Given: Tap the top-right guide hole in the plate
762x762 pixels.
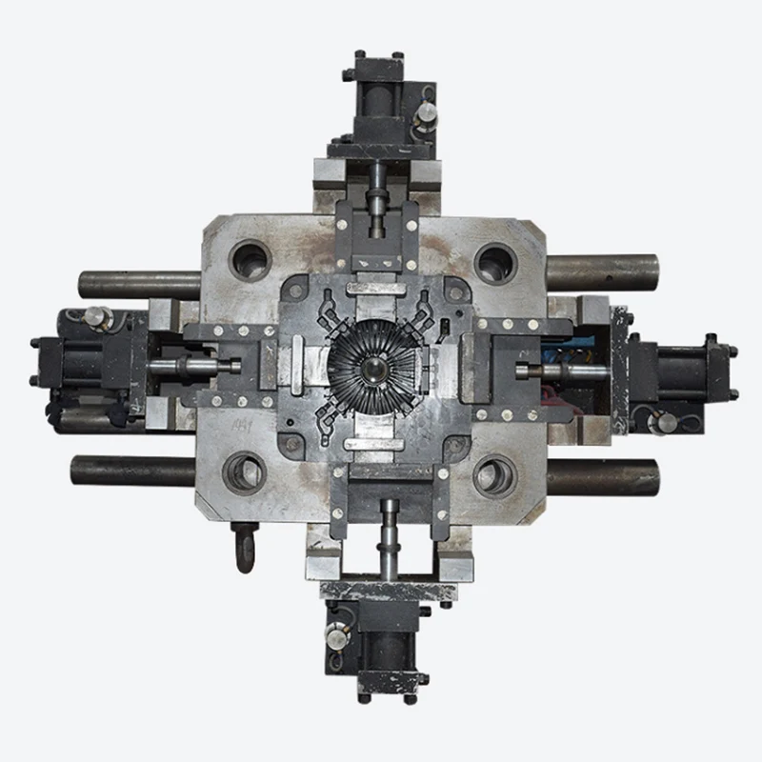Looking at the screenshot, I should tap(495, 259).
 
